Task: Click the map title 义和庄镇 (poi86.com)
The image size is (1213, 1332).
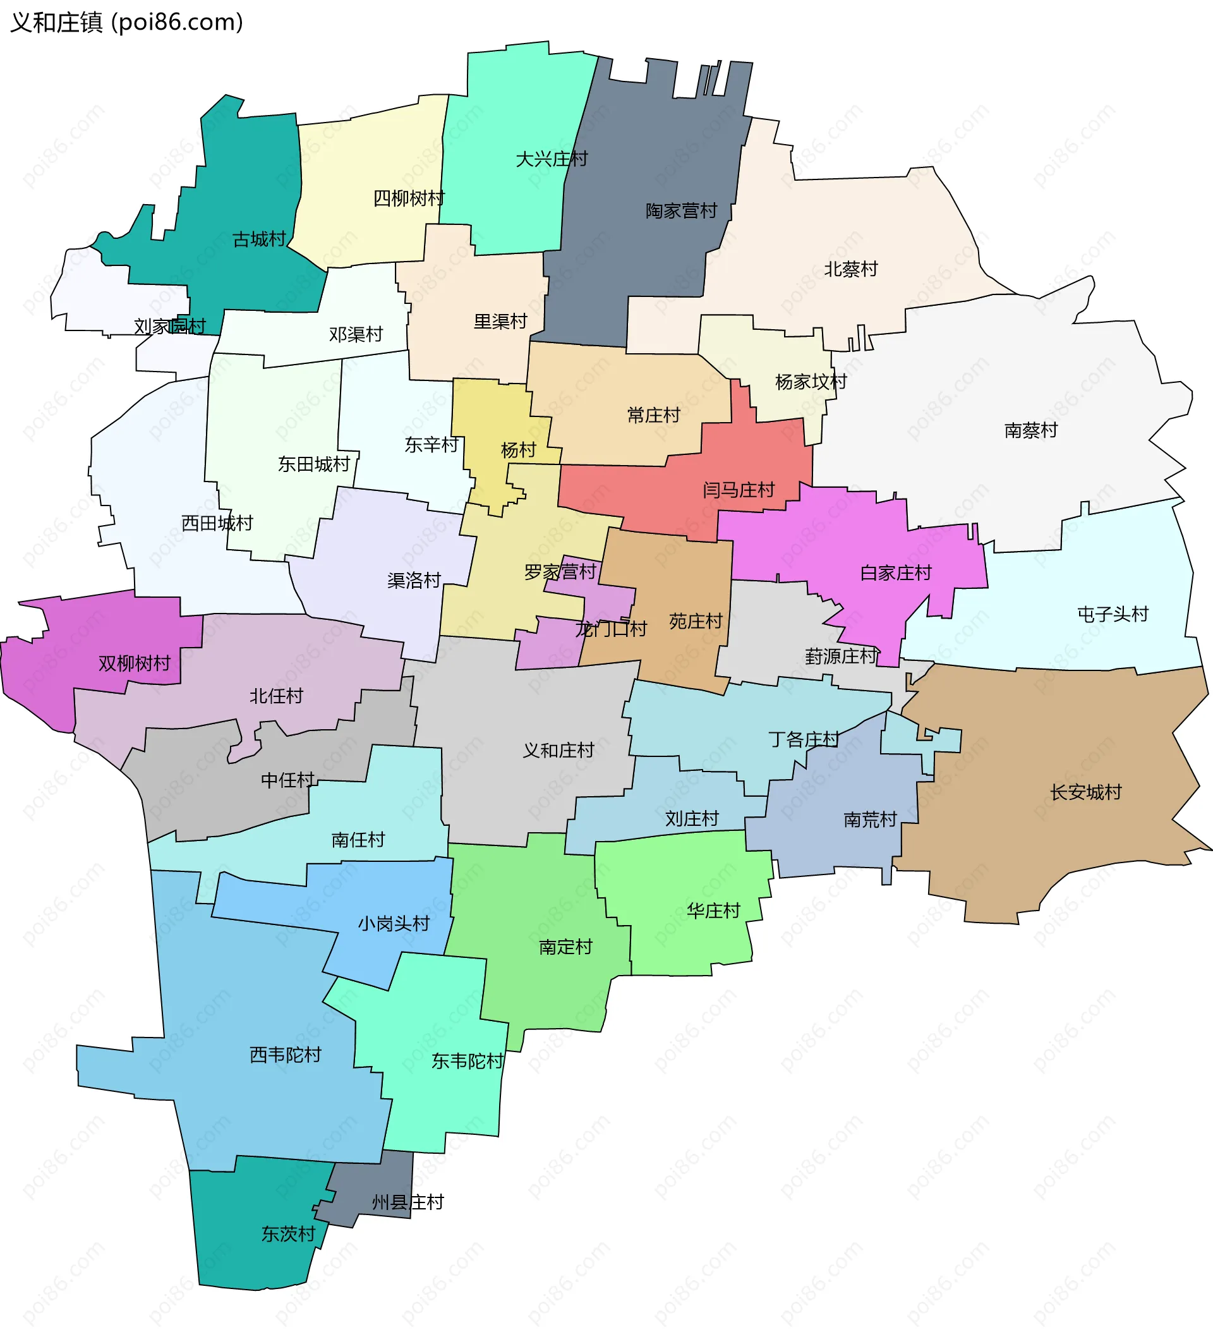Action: tap(127, 23)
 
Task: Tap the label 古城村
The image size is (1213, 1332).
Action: tap(259, 239)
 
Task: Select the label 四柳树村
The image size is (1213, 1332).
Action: tap(409, 198)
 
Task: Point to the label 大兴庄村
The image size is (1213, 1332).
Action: tap(552, 159)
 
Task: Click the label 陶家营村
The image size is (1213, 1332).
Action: tap(681, 212)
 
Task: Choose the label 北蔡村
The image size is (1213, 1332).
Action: tap(850, 270)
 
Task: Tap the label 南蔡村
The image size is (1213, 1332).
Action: tap(1030, 431)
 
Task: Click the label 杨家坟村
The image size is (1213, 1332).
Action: tap(811, 382)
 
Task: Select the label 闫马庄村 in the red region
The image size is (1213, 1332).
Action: tap(738, 490)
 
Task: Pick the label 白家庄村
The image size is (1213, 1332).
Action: tap(895, 573)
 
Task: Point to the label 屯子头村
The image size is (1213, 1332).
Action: tap(1113, 614)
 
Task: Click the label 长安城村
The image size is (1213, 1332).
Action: tap(1085, 792)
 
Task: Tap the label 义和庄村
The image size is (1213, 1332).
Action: tap(558, 751)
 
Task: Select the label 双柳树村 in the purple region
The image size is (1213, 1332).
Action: tap(134, 663)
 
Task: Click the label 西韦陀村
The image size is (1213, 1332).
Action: tap(286, 1055)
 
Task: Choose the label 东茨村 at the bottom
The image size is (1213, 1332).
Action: tap(288, 1233)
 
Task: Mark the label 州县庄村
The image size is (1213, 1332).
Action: tap(407, 1202)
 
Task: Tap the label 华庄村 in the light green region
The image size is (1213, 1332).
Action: tap(713, 911)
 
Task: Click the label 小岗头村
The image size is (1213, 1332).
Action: tap(394, 924)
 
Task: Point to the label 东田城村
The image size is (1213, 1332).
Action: tap(313, 464)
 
